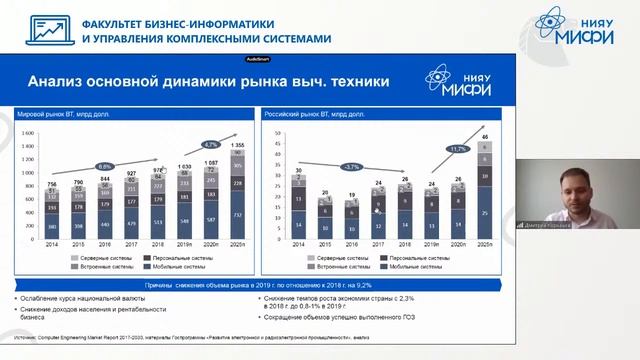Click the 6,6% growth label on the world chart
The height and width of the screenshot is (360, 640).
103,166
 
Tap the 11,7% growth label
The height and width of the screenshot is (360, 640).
459,149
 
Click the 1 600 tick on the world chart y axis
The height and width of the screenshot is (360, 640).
28,132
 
